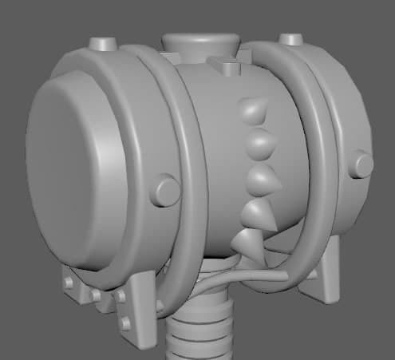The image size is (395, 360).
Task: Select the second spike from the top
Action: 263,144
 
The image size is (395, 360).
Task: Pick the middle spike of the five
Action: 263,180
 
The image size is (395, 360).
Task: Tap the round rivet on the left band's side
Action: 167,191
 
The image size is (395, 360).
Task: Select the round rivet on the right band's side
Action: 362,165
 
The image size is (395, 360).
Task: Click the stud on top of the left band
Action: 103,42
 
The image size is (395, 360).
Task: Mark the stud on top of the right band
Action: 291,39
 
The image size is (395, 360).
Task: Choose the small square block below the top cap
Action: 226,66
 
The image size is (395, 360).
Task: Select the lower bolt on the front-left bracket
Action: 125,323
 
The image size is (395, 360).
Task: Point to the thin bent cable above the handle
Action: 231,279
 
